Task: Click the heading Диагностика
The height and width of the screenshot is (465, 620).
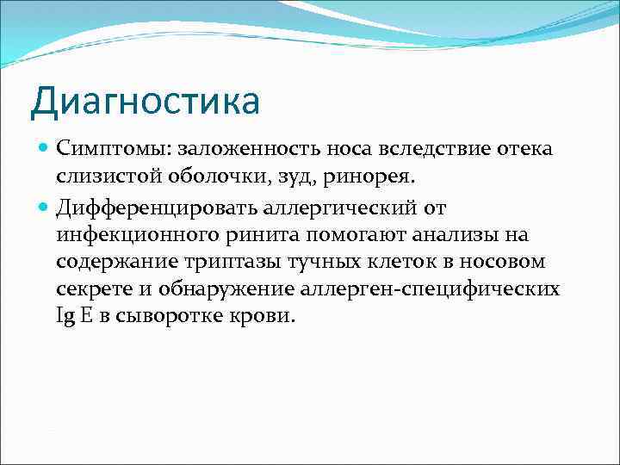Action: [x=144, y=102]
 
